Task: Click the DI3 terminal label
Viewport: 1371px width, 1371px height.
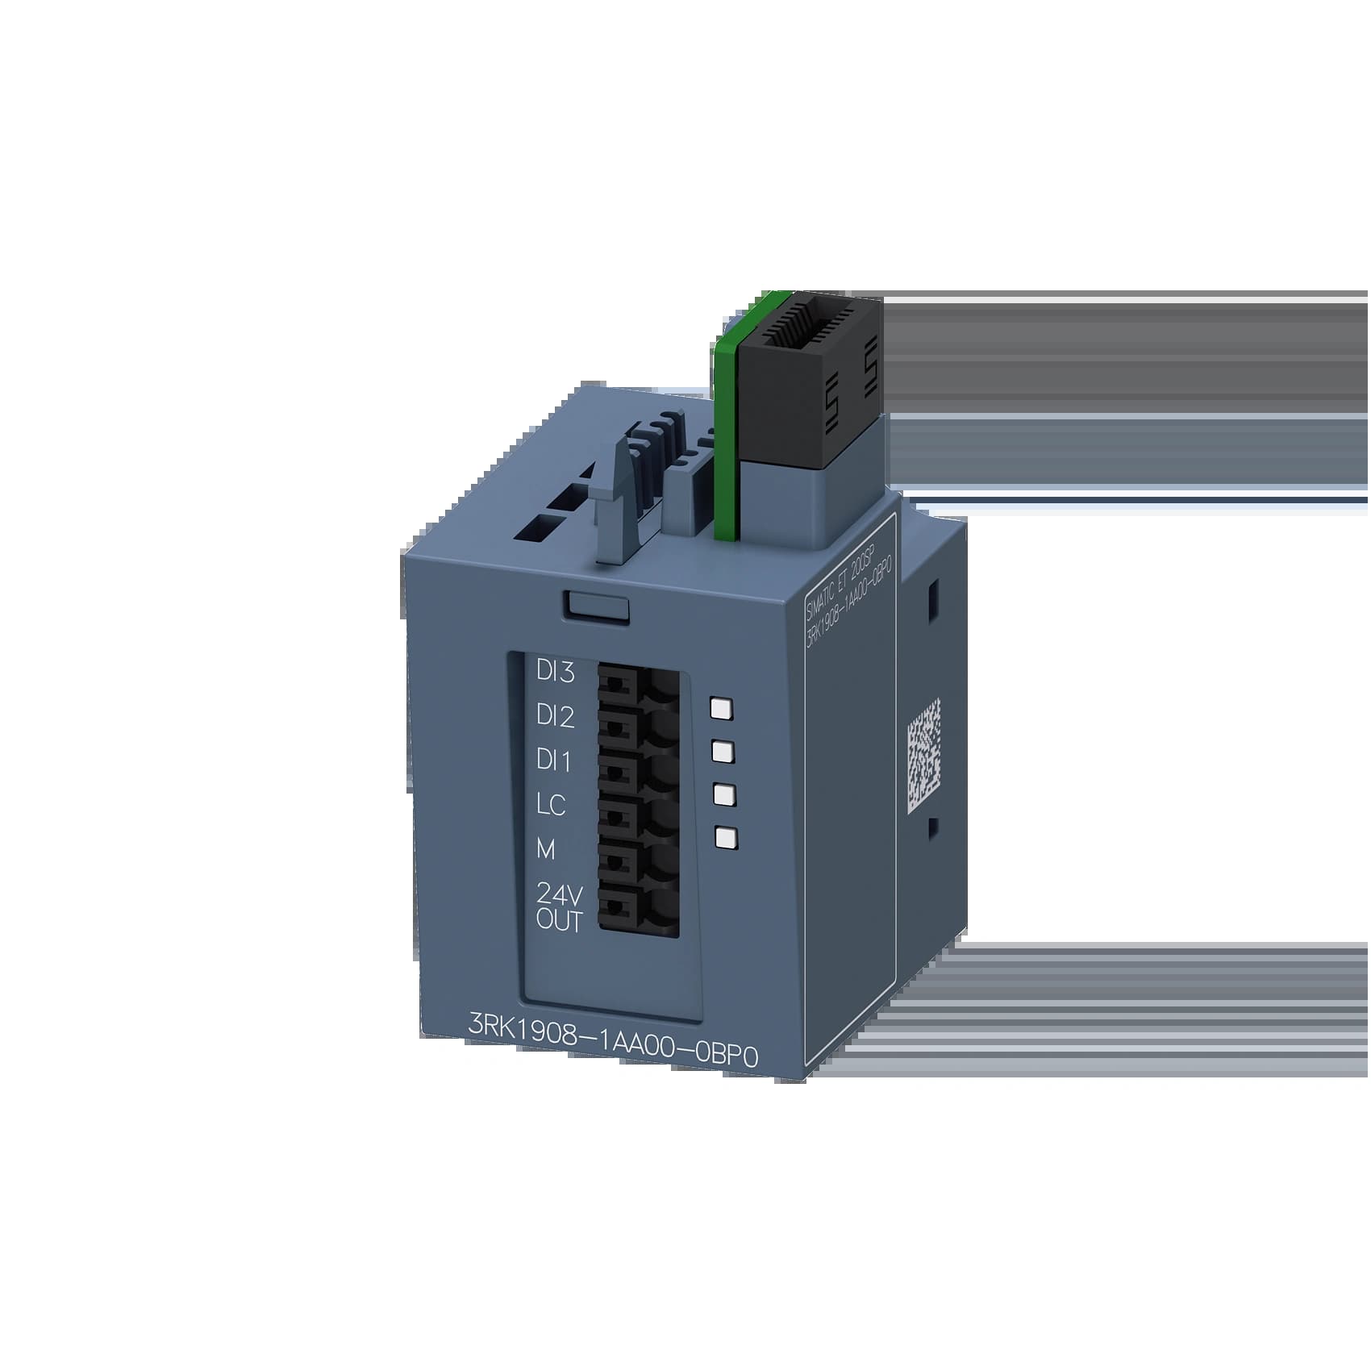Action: pos(555,672)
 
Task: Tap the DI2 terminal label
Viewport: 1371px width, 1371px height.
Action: pos(555,716)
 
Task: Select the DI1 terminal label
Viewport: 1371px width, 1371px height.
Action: pos(553,761)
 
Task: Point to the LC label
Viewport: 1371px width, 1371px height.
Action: pos(551,804)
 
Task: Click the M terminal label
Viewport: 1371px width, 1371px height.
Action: pos(546,848)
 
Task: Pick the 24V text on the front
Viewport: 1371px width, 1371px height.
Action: pos(559,895)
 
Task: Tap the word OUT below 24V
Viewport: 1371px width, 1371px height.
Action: pos(558,920)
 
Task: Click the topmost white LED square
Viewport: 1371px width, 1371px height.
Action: pos(720,708)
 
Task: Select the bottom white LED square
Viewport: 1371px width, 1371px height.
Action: pos(726,838)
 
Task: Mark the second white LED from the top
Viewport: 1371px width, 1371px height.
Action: pos(723,752)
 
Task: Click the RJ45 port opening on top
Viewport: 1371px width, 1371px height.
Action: pos(806,327)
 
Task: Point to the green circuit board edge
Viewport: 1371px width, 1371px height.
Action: pos(726,435)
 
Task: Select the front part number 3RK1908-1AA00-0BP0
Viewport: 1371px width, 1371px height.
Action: pos(614,1052)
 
